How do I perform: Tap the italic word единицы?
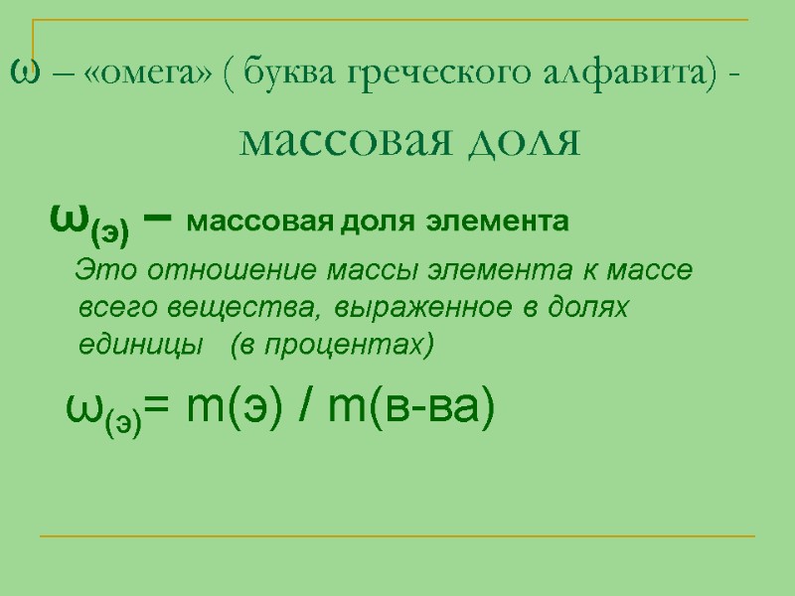[125, 346]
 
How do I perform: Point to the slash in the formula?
[305, 407]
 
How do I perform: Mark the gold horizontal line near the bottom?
[397, 537]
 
